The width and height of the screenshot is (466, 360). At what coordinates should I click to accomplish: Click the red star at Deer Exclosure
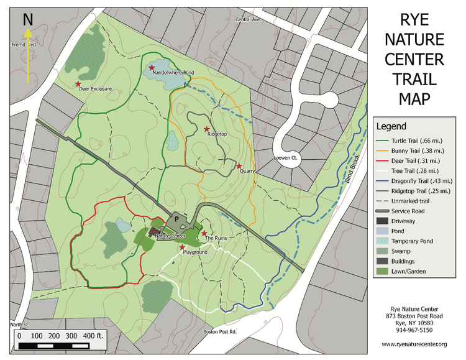[78, 84]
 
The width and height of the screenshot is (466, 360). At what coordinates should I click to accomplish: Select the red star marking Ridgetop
[207, 129]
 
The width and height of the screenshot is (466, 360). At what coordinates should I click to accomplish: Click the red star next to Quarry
[239, 166]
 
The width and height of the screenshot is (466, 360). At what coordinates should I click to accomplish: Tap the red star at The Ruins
[204, 233]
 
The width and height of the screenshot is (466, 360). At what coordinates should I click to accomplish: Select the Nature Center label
[170, 236]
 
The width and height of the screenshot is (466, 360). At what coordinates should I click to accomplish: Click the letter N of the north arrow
[28, 19]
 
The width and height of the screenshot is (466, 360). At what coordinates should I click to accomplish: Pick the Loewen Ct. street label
[288, 159]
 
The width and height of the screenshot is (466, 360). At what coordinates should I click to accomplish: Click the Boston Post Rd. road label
[221, 332]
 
